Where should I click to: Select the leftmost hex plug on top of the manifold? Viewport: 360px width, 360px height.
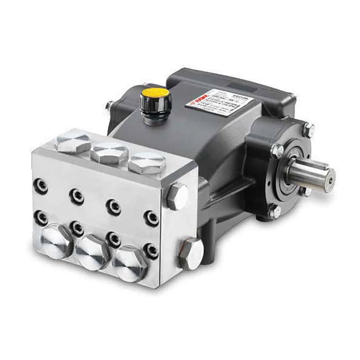73,142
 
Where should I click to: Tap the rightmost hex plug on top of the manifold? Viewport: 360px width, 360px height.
146,163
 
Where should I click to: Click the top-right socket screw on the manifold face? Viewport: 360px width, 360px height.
151,217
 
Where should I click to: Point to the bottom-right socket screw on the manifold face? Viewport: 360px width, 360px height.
151,250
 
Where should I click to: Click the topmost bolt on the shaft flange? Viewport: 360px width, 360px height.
308,130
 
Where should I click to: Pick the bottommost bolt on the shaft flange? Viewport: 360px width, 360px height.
274,211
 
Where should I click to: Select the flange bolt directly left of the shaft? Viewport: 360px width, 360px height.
277,150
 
